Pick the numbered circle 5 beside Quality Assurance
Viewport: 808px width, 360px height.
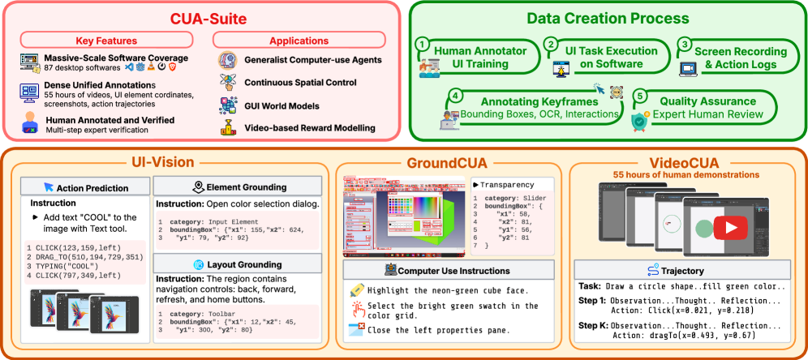[639, 96]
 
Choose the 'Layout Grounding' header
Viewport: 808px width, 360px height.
[242, 264]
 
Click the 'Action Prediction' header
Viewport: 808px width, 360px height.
[85, 187]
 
